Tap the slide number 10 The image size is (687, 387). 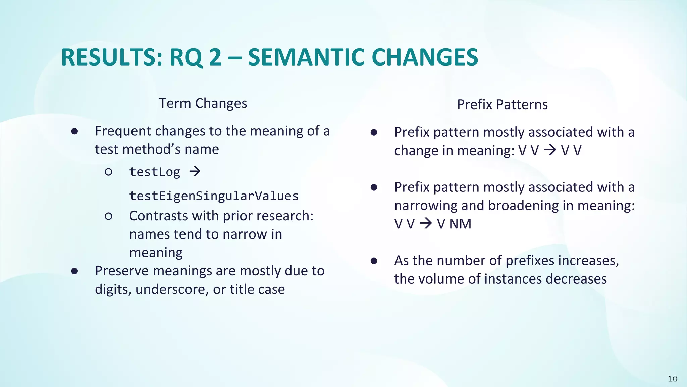tap(672, 379)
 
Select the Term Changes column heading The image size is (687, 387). tap(203, 103)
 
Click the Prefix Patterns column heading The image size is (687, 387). tap(502, 105)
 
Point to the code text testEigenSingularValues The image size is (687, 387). tap(214, 196)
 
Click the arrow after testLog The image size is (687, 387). tap(195, 172)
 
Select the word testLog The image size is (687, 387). tap(155, 172)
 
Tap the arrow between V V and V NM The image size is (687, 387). tap(426, 223)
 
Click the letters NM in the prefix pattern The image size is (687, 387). tap(460, 224)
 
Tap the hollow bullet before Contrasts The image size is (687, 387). tap(108, 216)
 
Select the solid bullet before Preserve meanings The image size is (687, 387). tap(74, 271)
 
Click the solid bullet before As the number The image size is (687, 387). tap(374, 261)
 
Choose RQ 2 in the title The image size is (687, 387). tap(195, 57)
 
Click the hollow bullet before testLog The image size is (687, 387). tap(108, 172)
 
